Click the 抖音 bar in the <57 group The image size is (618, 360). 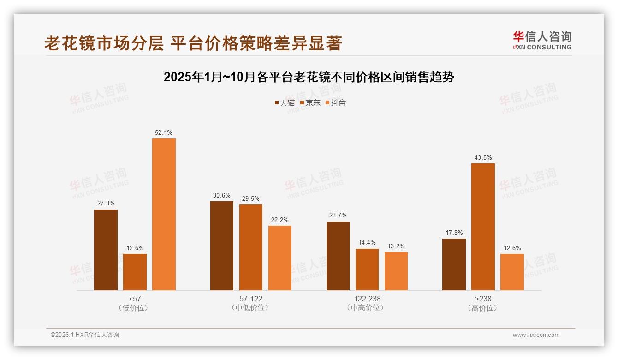pos(164,214)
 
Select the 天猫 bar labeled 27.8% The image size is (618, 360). pos(106,250)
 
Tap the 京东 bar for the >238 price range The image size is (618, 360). pos(483,227)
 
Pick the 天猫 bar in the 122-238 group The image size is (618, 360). pos(338,256)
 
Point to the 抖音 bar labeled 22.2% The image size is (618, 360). pos(280,258)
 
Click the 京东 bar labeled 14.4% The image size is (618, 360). pos(367,270)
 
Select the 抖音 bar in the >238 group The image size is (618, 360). pos(512,272)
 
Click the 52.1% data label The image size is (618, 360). pos(164,133)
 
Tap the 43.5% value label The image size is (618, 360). pos(483,158)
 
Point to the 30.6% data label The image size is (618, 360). pos(222,196)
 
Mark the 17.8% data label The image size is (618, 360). pos(454,233)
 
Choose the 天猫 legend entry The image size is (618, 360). pos(285,102)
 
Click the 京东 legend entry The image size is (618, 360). pos(310,102)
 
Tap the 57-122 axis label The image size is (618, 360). pos(251,299)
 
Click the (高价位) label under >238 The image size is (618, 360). pos(483,308)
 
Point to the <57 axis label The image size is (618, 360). pos(135,299)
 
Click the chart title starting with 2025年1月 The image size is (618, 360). pos(309,77)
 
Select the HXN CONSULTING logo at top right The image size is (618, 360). pos(542,41)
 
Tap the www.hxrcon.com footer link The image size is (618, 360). pos(536,335)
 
